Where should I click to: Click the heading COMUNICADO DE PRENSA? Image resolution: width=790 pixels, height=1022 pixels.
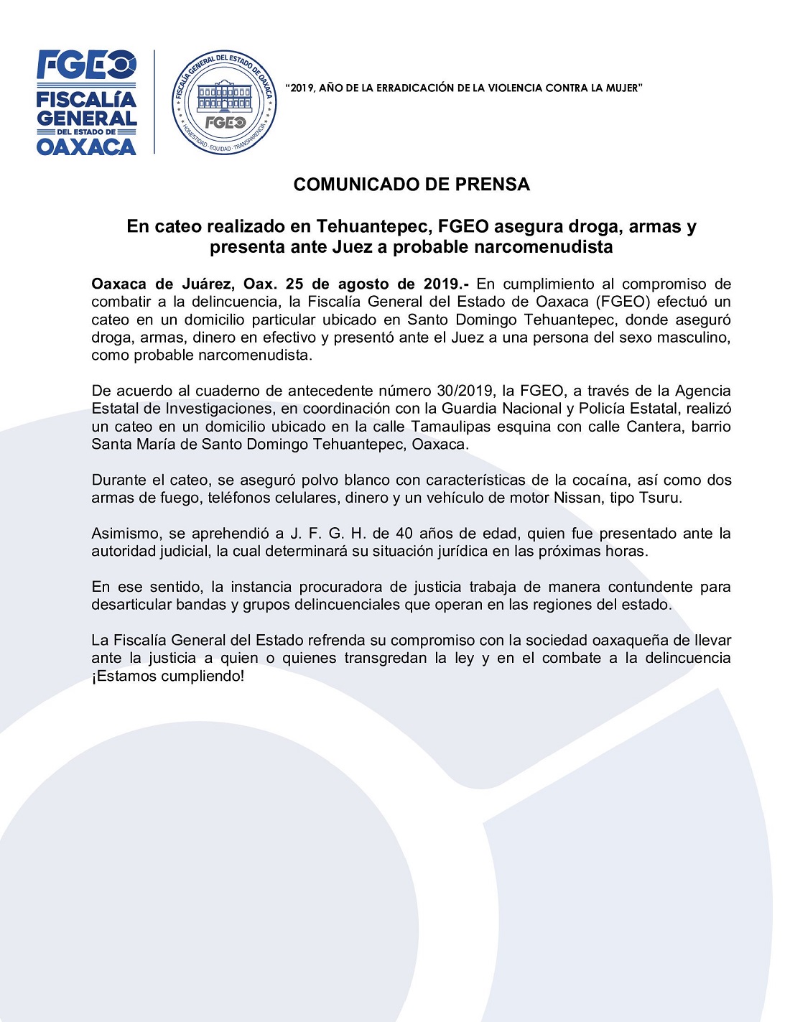pyautogui.click(x=412, y=185)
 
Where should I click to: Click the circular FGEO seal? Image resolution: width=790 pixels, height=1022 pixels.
pyautogui.click(x=224, y=102)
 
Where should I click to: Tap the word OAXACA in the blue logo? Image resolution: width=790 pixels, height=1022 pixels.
pyautogui.click(x=86, y=147)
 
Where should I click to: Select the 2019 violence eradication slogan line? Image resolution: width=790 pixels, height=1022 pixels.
pyautogui.click(x=463, y=88)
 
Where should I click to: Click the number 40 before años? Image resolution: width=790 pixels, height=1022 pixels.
pyautogui.click(x=404, y=534)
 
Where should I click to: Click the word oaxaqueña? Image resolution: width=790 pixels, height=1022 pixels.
pyautogui.click(x=630, y=641)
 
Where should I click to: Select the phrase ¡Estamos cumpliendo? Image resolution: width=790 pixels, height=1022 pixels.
pyautogui.click(x=168, y=677)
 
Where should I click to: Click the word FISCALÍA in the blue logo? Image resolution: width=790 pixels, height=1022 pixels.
pyautogui.click(x=86, y=99)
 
